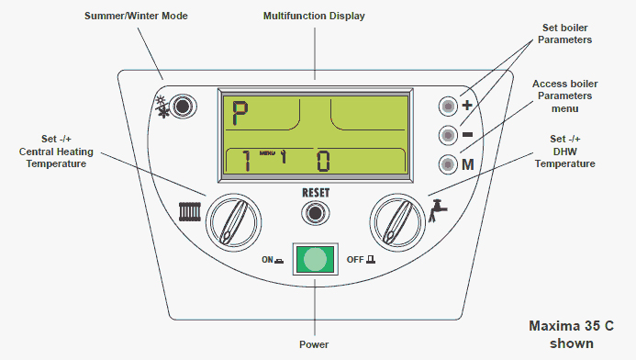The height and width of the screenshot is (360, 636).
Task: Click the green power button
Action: click(x=315, y=259)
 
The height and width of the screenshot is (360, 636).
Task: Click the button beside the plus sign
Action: click(x=447, y=105)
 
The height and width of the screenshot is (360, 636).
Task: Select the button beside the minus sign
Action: click(x=447, y=135)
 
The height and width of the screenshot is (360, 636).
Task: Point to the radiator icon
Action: click(x=190, y=214)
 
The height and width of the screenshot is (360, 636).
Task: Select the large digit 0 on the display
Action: click(x=324, y=163)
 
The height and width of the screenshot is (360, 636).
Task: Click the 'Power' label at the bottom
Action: click(x=314, y=344)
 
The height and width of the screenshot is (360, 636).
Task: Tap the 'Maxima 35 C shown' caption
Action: click(x=570, y=334)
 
